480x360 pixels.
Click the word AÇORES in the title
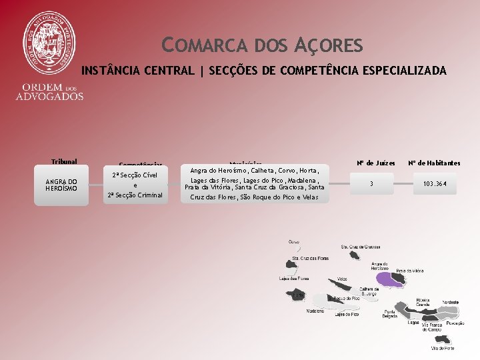click(328, 46)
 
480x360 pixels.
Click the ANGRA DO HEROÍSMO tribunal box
click(61, 185)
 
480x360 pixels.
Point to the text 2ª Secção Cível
click(135, 175)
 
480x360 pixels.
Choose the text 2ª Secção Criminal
click(135, 195)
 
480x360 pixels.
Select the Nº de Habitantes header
click(434, 163)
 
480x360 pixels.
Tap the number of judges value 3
click(371, 183)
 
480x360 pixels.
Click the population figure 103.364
click(434, 183)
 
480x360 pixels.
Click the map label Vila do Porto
click(443, 348)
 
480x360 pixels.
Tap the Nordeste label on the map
click(450, 302)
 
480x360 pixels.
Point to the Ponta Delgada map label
click(391, 314)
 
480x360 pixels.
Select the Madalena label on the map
click(315, 311)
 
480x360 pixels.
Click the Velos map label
click(342, 279)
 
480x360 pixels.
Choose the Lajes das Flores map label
click(294, 279)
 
